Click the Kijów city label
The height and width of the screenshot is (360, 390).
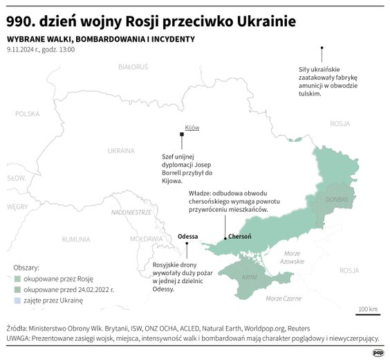[x=192, y=128]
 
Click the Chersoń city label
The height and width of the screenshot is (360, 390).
[x=239, y=237]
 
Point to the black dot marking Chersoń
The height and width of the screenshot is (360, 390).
[x=225, y=239]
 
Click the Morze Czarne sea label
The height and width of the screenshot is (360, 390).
[x=284, y=298]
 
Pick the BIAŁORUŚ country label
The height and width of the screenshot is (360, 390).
[x=133, y=67]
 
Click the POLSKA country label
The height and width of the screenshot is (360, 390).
[x=28, y=114]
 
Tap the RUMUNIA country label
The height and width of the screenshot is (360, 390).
[x=75, y=239]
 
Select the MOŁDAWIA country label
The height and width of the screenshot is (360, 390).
[x=146, y=239]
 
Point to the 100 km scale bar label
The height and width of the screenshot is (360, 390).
[x=367, y=308]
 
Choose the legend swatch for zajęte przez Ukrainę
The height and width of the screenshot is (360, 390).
[x=17, y=301]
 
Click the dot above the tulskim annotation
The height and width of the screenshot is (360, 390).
[x=322, y=48]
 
